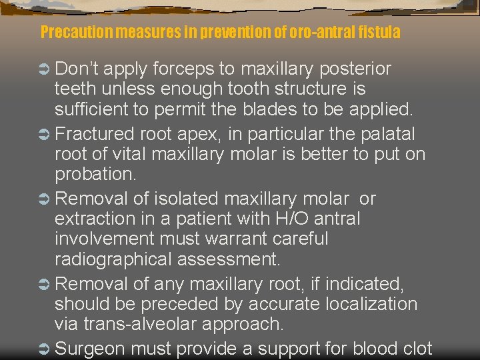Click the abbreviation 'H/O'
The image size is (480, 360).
click(x=285, y=218)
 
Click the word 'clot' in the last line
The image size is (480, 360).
click(x=414, y=348)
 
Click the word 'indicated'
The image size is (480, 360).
click(x=359, y=284)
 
